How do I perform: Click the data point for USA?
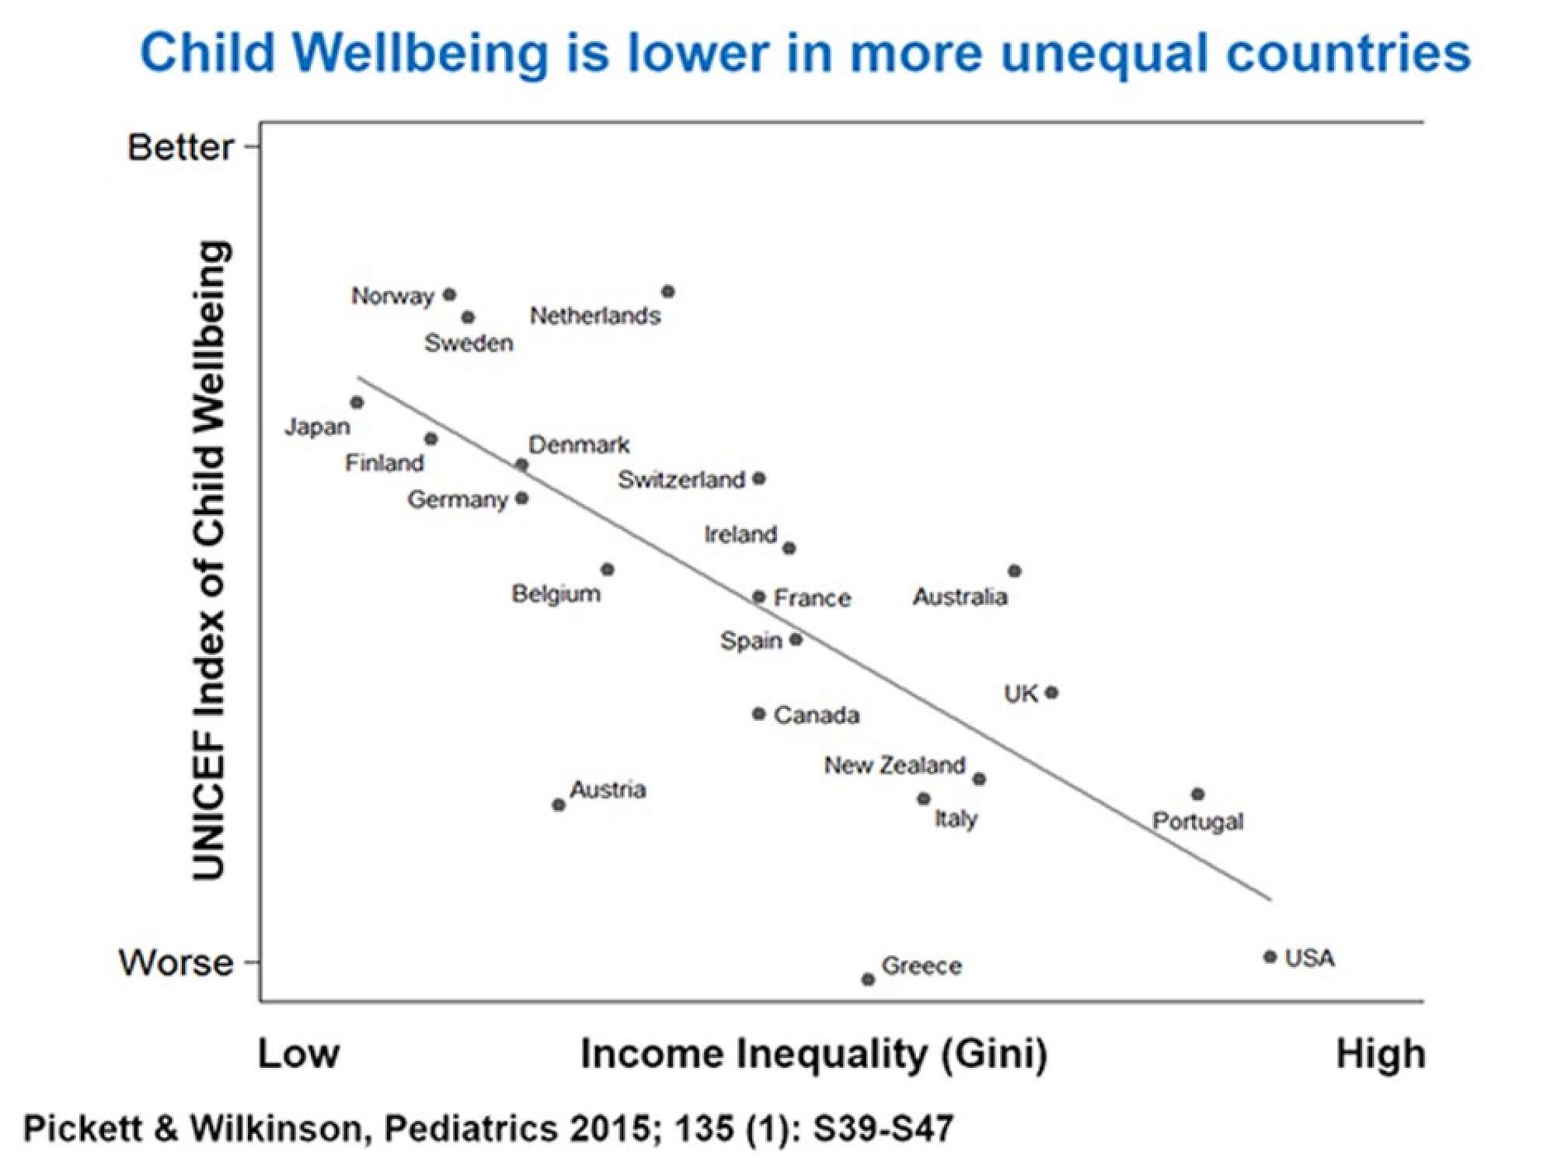[1270, 957]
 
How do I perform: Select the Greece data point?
[869, 979]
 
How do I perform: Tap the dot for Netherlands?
[668, 292]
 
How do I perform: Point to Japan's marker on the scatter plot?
[357, 402]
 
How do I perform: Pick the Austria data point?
[559, 805]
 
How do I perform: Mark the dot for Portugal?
[1198, 795]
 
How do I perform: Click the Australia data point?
[1015, 571]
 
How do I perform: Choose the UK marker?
[1052, 692]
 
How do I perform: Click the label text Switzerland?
[681, 480]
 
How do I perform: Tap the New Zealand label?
[894, 766]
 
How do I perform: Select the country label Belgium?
[556, 594]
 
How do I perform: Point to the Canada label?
[817, 715]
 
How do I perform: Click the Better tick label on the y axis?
[180, 147]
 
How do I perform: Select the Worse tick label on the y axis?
[176, 963]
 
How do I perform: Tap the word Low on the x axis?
[298, 1054]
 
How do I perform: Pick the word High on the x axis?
[1380, 1055]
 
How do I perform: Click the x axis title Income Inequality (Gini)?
[814, 1054]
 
